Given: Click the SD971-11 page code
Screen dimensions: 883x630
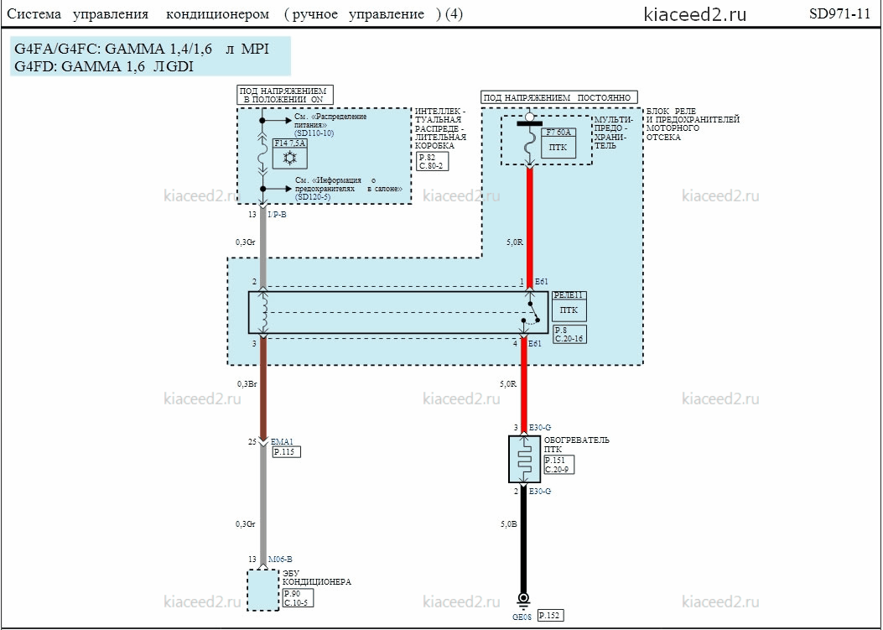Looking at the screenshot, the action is click(x=839, y=14).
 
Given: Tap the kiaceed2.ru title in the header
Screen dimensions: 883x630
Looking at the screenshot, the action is click(x=695, y=14).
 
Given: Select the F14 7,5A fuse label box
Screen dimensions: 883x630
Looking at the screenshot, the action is click(x=289, y=143).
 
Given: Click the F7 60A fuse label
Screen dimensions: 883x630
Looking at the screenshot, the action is click(x=558, y=133).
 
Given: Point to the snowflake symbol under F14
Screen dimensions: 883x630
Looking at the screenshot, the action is click(x=289, y=159).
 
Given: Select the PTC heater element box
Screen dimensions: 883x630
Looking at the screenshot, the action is click(x=524, y=459).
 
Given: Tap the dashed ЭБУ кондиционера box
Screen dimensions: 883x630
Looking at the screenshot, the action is click(x=263, y=590).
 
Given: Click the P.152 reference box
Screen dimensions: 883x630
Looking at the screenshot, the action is click(x=550, y=616).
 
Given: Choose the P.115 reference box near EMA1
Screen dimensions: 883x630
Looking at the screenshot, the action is click(x=287, y=452).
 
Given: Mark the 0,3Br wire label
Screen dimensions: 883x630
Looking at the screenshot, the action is click(x=246, y=383).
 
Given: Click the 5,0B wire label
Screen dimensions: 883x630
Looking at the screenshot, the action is click(x=508, y=524).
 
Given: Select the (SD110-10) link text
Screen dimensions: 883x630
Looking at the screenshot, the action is click(x=314, y=133).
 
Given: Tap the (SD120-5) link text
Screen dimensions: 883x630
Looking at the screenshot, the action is click(x=312, y=197).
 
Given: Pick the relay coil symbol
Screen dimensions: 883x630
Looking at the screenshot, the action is click(x=263, y=312).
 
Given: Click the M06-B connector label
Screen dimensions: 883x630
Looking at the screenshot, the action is click(x=280, y=559).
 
